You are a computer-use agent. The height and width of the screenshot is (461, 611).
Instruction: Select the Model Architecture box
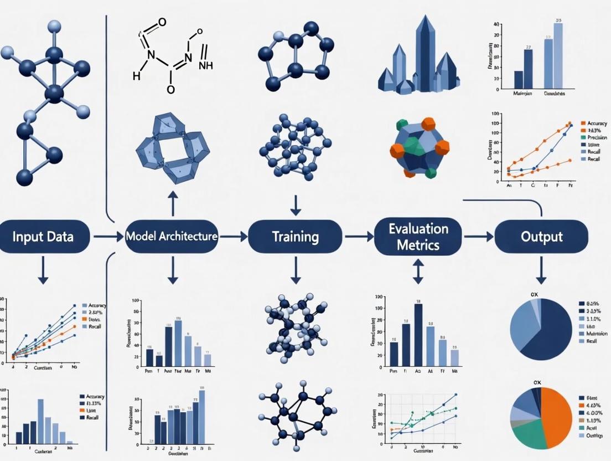(172, 237)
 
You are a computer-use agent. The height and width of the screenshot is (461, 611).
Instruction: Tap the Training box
(295, 237)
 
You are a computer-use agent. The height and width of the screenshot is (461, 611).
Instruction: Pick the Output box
(541, 237)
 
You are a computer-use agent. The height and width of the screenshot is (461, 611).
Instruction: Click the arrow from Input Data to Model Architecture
(108, 237)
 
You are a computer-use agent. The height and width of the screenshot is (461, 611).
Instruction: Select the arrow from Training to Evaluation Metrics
(359, 237)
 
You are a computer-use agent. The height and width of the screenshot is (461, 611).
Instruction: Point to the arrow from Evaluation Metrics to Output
(479, 237)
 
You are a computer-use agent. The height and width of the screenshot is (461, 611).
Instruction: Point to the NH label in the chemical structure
(205, 65)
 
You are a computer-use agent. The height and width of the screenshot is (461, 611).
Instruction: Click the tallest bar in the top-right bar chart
(558, 55)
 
